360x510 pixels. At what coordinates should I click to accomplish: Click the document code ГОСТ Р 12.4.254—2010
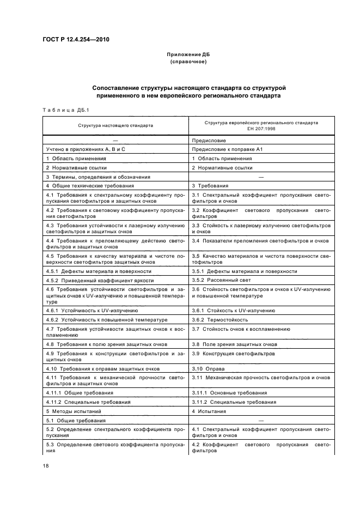(x=72, y=39)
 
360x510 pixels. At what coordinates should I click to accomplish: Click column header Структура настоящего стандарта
(x=115, y=125)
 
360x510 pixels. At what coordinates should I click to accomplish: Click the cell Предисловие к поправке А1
(x=224, y=149)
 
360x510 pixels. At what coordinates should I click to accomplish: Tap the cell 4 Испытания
(x=209, y=411)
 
